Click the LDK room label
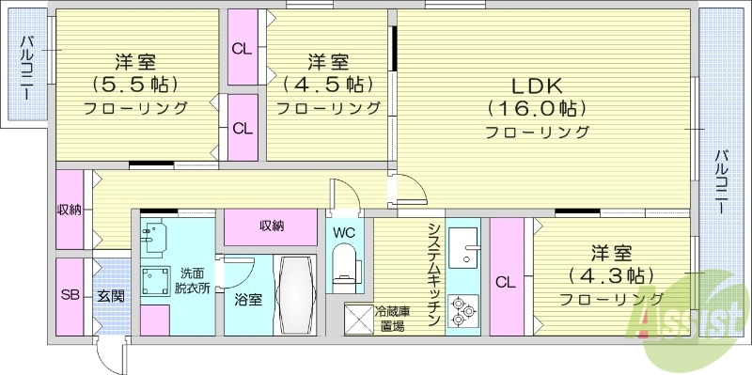point(537,84)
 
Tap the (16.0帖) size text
point(537,107)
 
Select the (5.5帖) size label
point(135,84)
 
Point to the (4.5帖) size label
point(328,84)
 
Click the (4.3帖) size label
point(611,275)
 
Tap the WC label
point(343,231)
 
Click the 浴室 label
point(248,300)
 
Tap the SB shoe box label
point(70,295)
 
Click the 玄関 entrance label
point(110,295)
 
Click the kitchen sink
point(462,248)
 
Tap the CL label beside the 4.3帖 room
point(505,281)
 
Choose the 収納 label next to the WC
point(273,226)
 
